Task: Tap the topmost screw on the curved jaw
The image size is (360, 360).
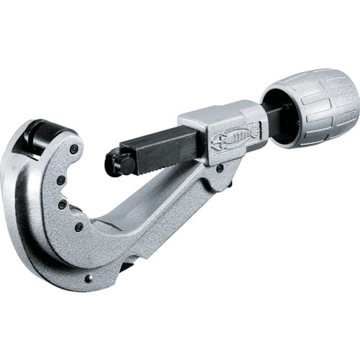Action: point(73,150)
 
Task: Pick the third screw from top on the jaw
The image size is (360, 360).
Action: point(63,204)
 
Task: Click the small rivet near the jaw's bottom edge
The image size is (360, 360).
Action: point(89,279)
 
